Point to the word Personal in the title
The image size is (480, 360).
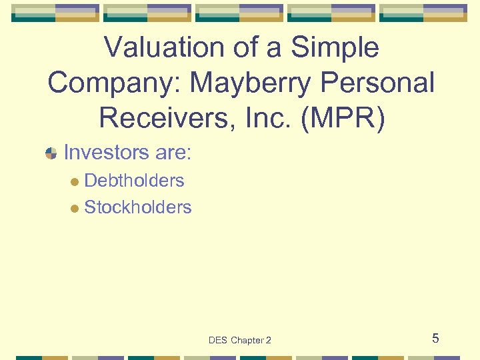pyautogui.click(x=377, y=83)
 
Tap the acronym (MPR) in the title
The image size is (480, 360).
pyautogui.click(x=351, y=118)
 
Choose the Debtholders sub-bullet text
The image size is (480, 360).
pyautogui.click(x=134, y=180)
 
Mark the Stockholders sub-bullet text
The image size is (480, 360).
pyautogui.click(x=137, y=207)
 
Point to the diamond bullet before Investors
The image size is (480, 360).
pyautogui.click(x=51, y=154)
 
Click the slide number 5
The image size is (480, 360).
pyautogui.click(x=435, y=338)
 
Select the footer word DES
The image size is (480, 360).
pyautogui.click(x=217, y=341)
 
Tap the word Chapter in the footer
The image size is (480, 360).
pyautogui.click(x=247, y=341)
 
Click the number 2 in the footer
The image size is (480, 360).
pyautogui.click(x=268, y=341)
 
